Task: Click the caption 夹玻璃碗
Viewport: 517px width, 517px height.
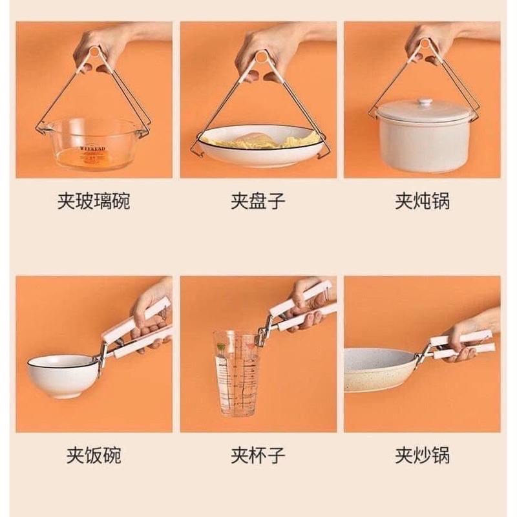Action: [94, 201]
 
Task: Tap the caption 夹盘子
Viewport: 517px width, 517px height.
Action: [258, 201]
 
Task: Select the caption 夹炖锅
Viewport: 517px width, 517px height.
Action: [423, 201]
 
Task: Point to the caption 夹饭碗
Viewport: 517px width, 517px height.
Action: [94, 456]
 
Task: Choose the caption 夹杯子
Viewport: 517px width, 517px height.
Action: [258, 456]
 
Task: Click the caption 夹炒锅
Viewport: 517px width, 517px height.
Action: [423, 456]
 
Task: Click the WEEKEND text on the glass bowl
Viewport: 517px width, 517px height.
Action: [92, 149]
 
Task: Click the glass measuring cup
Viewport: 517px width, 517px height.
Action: [237, 373]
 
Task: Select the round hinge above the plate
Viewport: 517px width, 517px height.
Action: [261, 57]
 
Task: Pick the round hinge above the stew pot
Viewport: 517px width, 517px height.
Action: [425, 43]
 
